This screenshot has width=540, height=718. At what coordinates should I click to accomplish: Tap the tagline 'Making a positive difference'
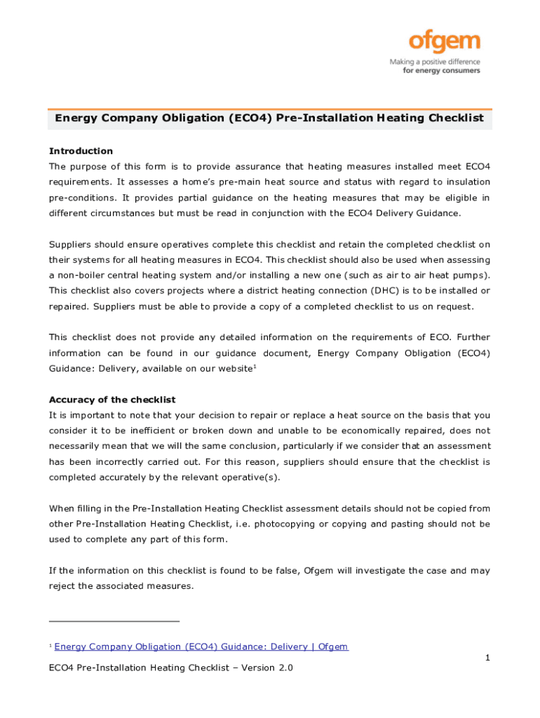click(435, 62)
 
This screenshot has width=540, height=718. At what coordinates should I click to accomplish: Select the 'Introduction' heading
click(81, 151)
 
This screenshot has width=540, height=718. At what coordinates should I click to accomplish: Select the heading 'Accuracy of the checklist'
click(112, 400)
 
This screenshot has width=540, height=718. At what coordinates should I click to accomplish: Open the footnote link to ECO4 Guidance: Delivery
click(201, 647)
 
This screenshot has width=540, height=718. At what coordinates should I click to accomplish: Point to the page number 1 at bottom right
click(487, 658)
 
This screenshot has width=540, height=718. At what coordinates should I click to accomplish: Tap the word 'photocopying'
click(320, 524)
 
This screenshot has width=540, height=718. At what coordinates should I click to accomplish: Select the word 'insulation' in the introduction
click(465, 182)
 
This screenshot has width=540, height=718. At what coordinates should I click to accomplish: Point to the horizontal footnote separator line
click(114, 621)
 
